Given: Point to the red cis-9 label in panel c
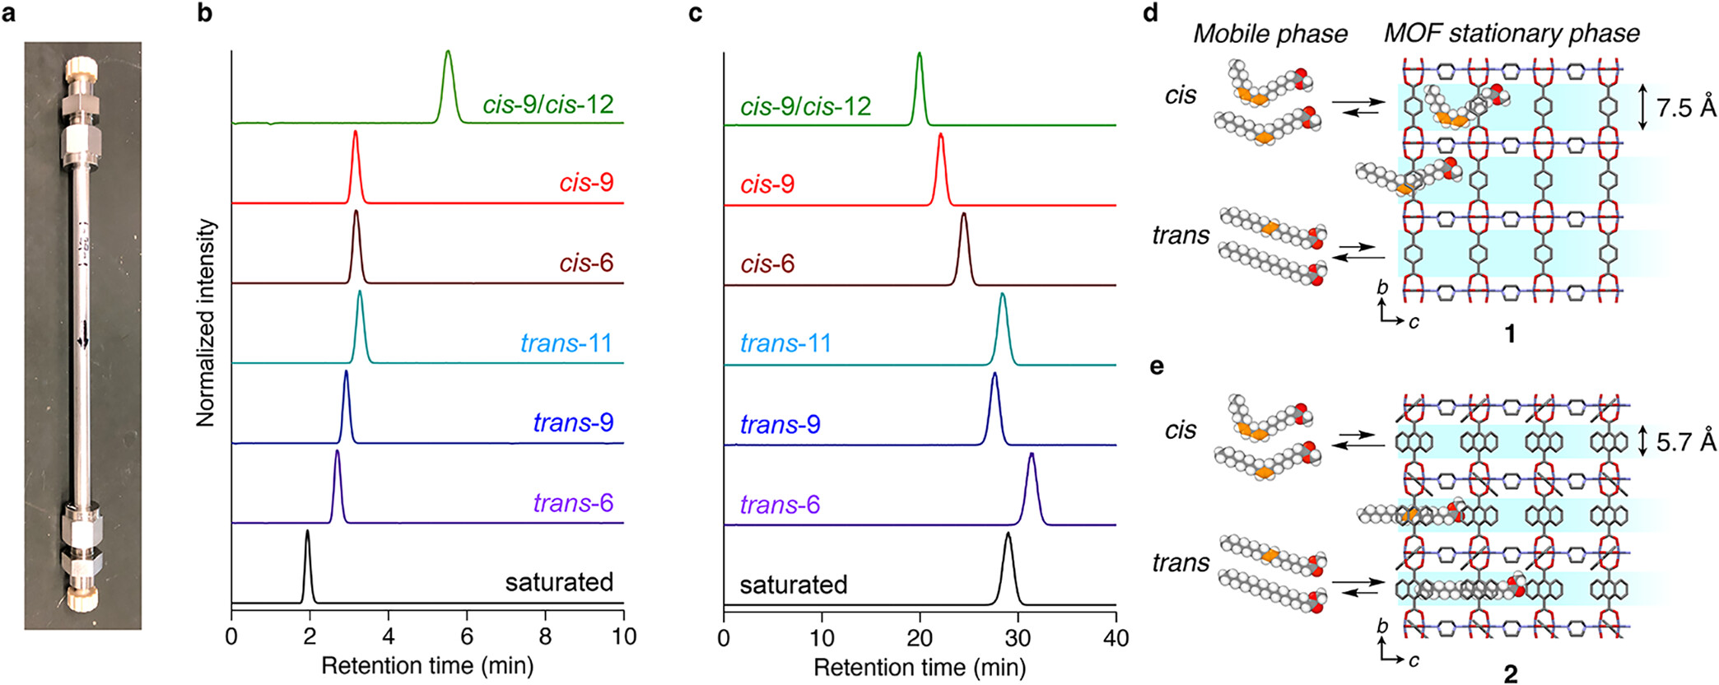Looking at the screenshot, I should click(x=767, y=184).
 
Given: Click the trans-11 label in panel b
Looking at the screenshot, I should click(x=566, y=342).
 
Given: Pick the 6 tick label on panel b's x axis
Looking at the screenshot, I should click(x=467, y=636).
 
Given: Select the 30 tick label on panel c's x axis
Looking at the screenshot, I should click(x=1018, y=638).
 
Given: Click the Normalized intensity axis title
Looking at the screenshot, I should click(x=206, y=323).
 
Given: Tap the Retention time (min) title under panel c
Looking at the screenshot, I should click(x=920, y=667).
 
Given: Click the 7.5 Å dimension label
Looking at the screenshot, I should click(x=1686, y=108).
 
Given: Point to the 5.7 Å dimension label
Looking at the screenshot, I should click(x=1686, y=442).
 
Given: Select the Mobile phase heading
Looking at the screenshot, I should click(x=1270, y=34).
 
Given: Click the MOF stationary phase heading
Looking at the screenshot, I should click(x=1512, y=33).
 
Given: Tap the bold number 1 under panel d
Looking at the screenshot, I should click(x=1510, y=333).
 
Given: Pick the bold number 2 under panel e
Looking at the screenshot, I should click(x=1510, y=673).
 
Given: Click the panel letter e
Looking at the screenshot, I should click(x=1157, y=366).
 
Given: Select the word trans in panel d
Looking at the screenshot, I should click(x=1181, y=236).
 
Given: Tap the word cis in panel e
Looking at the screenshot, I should click(x=1181, y=430).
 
